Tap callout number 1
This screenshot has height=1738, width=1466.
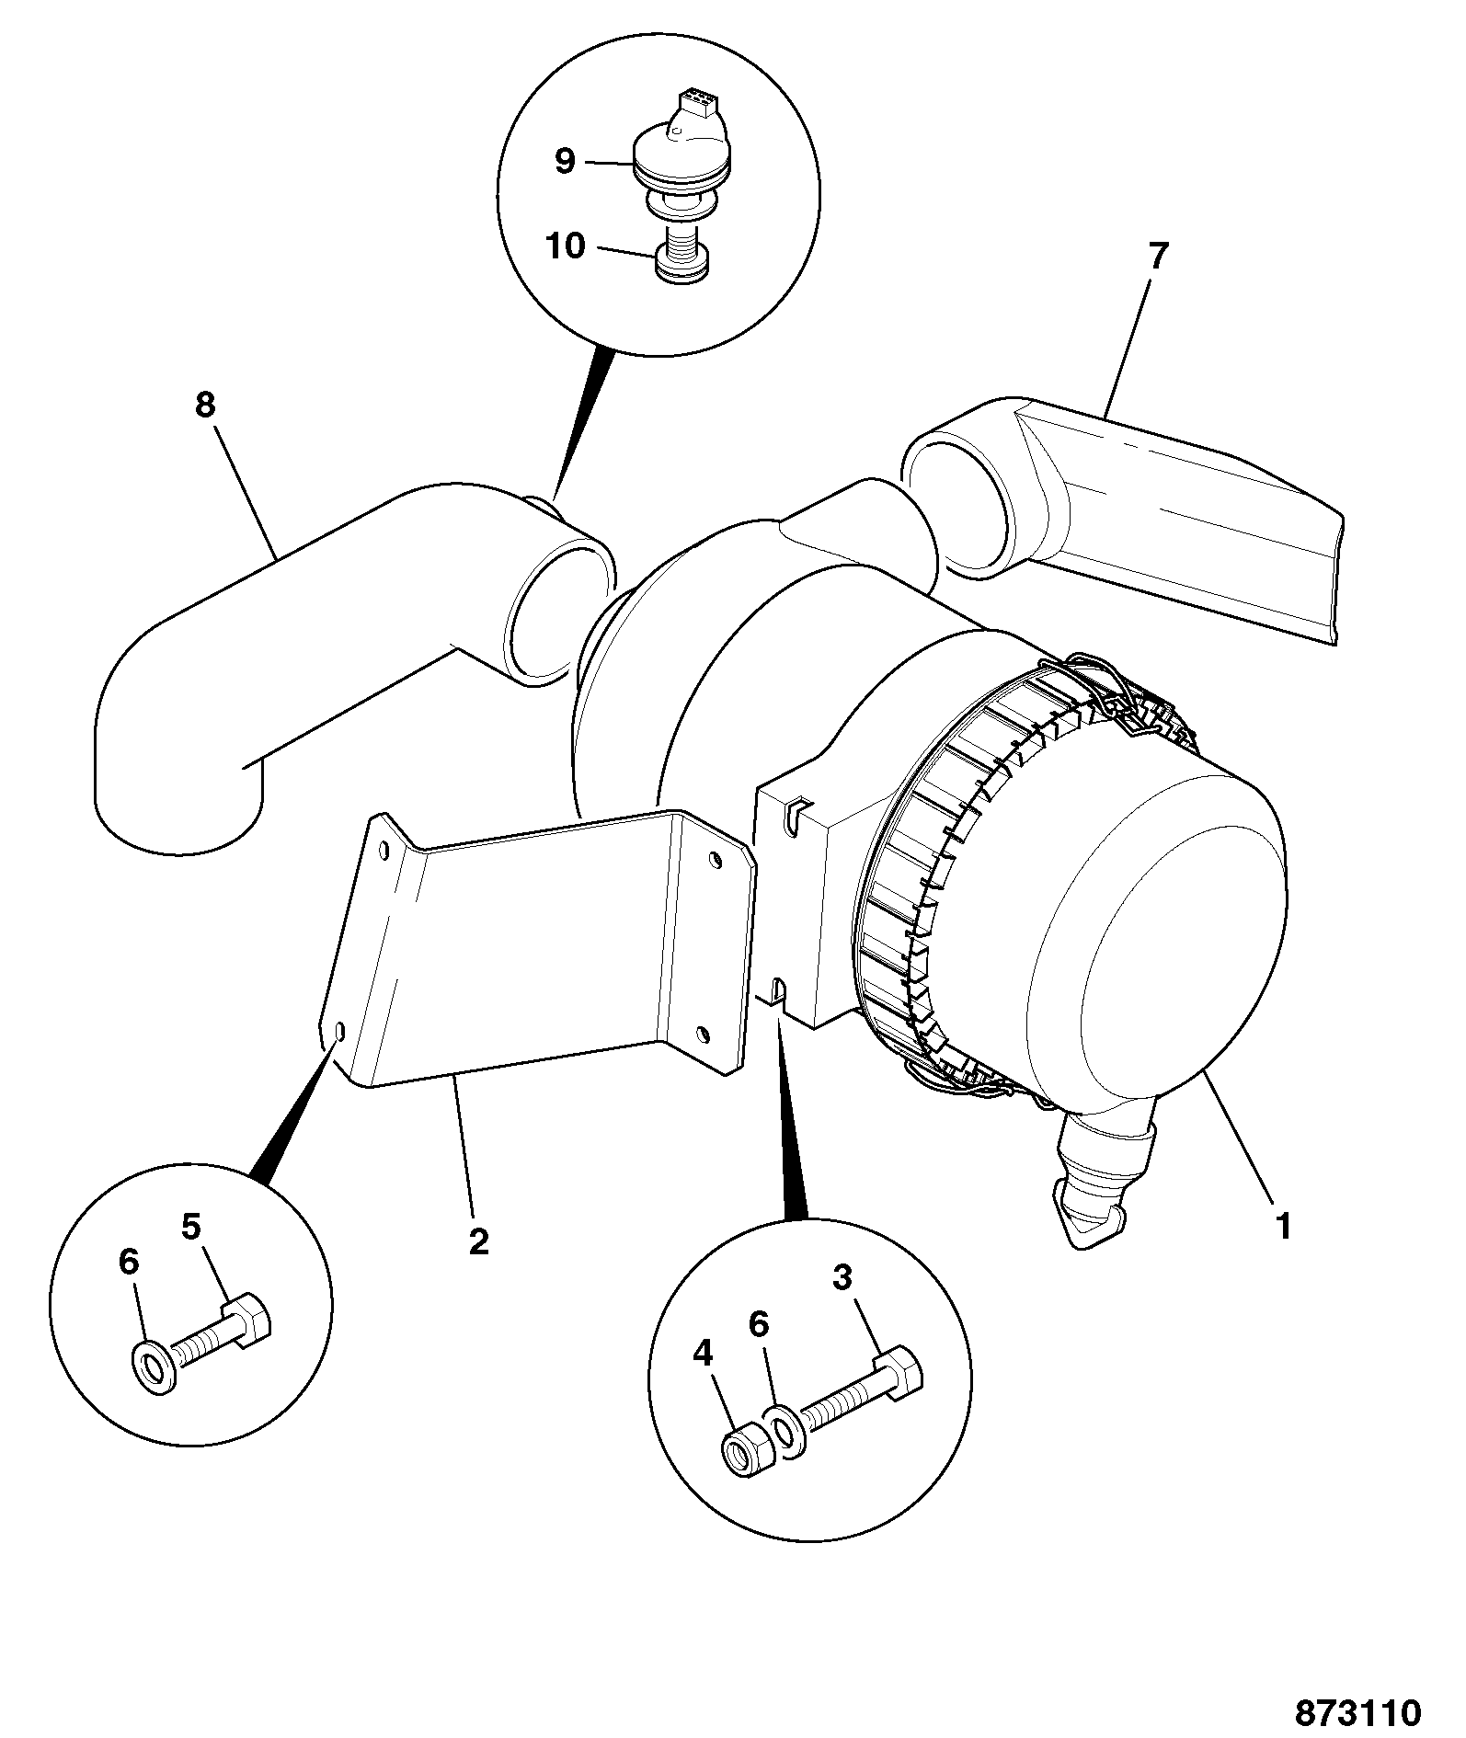coord(1283,1226)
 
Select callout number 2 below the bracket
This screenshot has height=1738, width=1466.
coord(478,1241)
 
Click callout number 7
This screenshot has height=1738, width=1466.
coord(1156,257)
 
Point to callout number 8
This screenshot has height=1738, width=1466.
coord(204,404)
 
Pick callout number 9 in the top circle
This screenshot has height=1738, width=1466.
coord(565,162)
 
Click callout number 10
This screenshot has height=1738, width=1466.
coord(565,246)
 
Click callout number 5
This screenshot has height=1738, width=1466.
coord(190,1227)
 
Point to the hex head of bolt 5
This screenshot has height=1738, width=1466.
coord(249,1321)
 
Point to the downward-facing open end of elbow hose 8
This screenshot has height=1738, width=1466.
coord(180,809)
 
